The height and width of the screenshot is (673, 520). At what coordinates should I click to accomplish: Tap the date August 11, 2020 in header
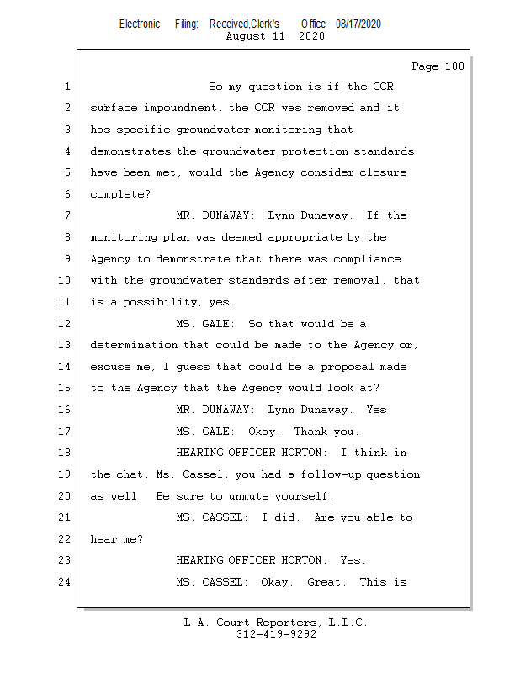pyautogui.click(x=275, y=36)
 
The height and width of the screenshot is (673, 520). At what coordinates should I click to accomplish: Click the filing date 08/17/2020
pyautogui.click(x=358, y=24)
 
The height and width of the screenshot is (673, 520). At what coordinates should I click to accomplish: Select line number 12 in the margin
pyautogui.click(x=65, y=324)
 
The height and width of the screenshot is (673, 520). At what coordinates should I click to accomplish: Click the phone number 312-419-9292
pyautogui.click(x=276, y=634)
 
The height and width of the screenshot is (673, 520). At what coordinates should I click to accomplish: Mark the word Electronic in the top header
pyautogui.click(x=140, y=24)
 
